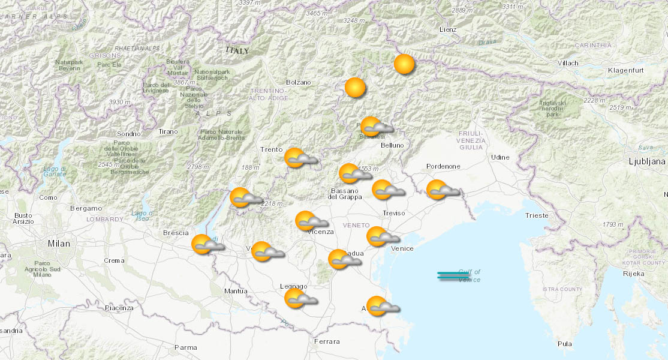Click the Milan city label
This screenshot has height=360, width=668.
click(59, 244)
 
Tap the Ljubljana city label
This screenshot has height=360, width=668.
click(646, 161)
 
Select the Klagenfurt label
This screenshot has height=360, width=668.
click(625, 70)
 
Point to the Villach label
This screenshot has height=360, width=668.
click(567, 63)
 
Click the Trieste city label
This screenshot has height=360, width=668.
click(536, 215)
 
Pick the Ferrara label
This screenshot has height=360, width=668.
click(327, 341)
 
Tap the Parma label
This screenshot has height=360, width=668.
click(185, 347)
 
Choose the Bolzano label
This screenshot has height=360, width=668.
click(299, 82)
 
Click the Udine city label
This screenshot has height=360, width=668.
click(500, 157)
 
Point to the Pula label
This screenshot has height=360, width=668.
click(564, 344)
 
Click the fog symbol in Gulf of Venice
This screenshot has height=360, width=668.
click(453, 276)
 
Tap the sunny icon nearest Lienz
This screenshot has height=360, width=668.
click(404, 64)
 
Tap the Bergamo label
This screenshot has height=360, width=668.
click(86, 208)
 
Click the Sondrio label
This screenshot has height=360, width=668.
click(128, 133)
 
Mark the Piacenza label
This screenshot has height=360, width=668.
click(119, 308)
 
